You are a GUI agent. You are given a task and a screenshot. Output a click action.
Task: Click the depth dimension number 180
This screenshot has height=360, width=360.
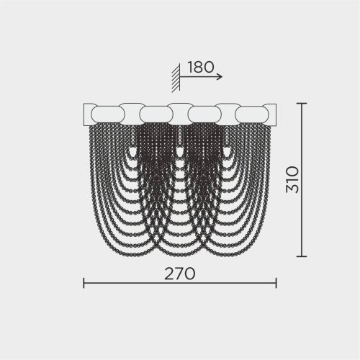201,67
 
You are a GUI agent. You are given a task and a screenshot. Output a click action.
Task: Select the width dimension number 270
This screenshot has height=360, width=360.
180,274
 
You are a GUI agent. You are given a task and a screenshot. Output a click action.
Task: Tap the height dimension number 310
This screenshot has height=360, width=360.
293,180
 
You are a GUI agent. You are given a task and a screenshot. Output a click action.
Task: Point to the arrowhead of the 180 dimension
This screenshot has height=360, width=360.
220,77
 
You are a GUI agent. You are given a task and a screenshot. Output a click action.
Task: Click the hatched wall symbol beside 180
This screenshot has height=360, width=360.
176,78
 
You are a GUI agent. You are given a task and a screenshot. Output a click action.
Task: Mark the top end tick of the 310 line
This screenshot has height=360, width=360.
302,103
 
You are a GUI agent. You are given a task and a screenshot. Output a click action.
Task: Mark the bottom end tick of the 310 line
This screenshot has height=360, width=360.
302,256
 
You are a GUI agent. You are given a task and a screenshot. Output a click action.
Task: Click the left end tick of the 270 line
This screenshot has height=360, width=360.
84,283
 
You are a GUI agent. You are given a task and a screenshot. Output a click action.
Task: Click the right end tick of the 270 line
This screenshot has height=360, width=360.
276,283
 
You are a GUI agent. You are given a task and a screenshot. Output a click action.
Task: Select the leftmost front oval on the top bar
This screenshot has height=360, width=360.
108,114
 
